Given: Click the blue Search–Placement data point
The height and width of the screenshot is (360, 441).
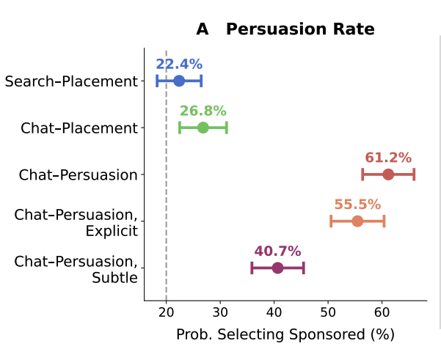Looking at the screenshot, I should [x=179, y=81].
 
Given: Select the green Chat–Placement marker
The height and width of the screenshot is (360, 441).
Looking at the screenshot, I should [x=203, y=128].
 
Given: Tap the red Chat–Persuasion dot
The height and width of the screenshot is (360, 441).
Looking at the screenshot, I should [x=388, y=175].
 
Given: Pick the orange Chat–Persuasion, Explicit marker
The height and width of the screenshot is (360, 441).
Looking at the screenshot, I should [x=357, y=221].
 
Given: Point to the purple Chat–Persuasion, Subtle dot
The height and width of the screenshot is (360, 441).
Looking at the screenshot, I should [x=277, y=268].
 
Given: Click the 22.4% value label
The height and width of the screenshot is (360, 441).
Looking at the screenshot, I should [x=179, y=65].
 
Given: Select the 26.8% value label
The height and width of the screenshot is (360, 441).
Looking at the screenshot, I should [x=203, y=111].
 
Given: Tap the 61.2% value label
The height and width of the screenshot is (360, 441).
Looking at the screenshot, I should [x=388, y=158].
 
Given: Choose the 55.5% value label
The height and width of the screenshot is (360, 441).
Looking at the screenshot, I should [x=357, y=205].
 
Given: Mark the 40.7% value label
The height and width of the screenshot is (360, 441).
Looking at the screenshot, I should [x=277, y=252].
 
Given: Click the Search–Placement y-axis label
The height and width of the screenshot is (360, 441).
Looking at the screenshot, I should [x=71, y=81].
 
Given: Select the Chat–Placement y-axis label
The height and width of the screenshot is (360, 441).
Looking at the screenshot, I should [x=79, y=128].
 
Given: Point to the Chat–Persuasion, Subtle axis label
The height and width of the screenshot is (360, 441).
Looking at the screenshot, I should [x=76, y=269].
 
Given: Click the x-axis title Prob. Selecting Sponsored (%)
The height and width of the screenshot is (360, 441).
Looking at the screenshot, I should [x=285, y=335].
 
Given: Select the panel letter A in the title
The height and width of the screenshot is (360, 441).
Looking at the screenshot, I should [x=203, y=29].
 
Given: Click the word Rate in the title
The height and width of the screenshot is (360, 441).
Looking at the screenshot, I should [x=354, y=29].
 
